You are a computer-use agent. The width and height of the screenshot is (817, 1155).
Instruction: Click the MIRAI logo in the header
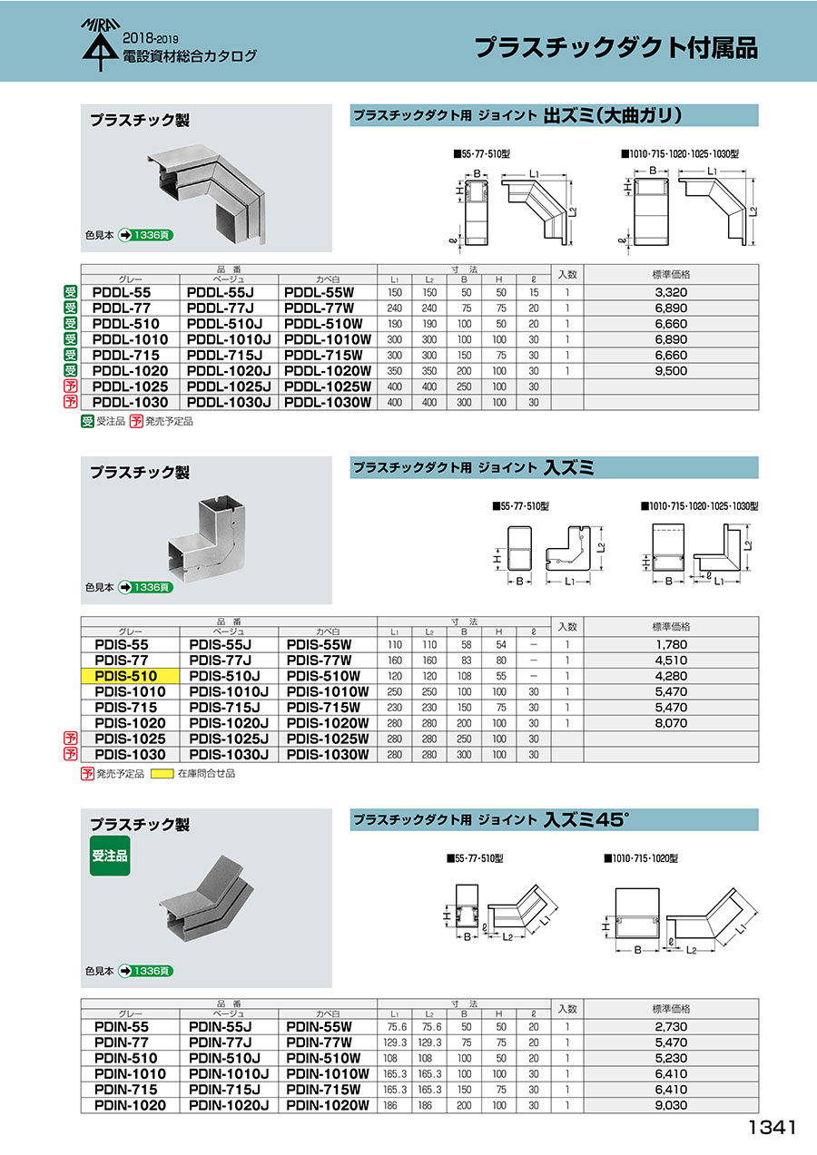(101, 44)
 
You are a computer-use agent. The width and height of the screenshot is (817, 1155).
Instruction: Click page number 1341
(773, 1128)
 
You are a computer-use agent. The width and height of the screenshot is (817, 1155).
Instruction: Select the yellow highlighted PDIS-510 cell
(130, 676)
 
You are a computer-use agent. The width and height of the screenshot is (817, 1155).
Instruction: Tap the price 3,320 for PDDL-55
(671, 292)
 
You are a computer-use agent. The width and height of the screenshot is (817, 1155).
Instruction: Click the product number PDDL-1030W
(328, 402)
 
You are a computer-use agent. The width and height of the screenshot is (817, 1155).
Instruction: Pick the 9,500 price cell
(671, 371)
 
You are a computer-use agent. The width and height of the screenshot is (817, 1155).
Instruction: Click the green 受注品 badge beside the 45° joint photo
(110, 856)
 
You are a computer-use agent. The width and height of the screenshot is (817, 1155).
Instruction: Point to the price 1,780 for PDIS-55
(671, 644)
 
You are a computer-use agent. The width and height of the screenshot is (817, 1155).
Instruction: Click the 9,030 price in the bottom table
(671, 1105)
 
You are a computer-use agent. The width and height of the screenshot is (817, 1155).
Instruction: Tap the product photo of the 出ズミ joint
(206, 193)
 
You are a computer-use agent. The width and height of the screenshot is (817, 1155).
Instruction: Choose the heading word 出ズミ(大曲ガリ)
(613, 115)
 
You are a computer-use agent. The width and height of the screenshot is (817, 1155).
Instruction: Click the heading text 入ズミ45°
(586, 819)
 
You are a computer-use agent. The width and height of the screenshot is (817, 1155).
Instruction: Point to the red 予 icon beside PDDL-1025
(70, 387)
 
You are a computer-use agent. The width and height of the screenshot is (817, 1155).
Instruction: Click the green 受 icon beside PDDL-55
(70, 292)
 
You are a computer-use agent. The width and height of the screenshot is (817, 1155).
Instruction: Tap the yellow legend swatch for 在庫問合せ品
(162, 773)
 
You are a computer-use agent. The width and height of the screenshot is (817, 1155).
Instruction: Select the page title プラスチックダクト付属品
(615, 47)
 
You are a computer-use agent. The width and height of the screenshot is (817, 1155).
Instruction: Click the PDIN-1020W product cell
(328, 1105)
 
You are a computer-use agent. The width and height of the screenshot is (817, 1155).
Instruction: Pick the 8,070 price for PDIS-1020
(671, 723)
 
